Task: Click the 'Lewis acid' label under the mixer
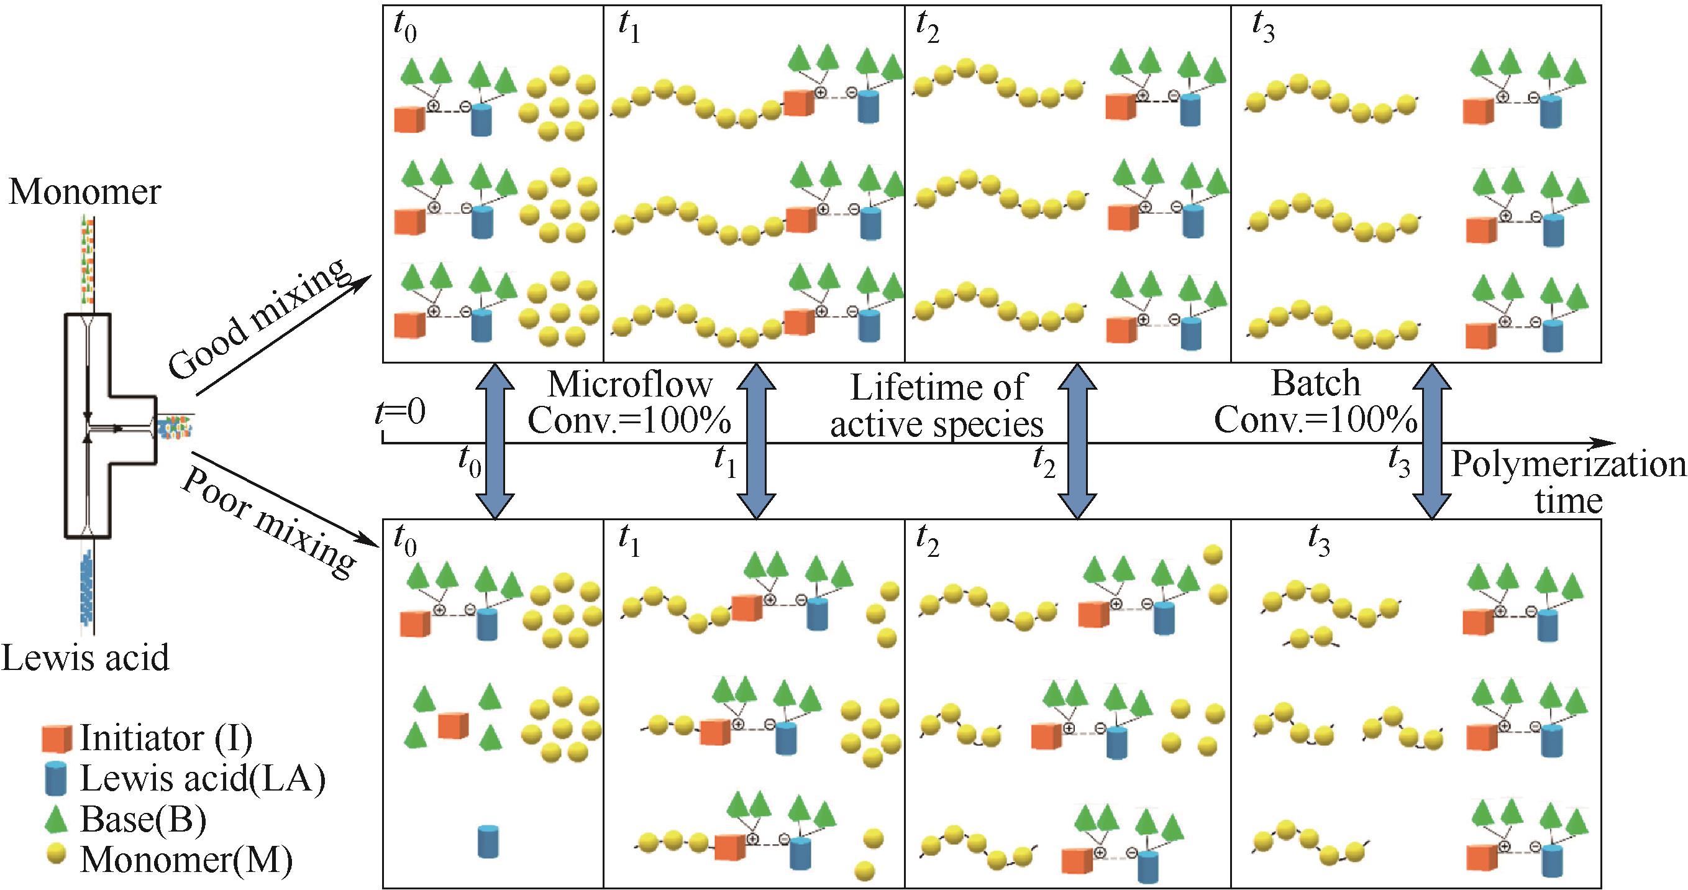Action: tap(85, 658)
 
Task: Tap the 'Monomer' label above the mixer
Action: tap(84, 192)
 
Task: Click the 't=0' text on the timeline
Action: tap(400, 412)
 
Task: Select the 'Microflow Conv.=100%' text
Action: tap(629, 403)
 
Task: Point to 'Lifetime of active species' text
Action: tap(937, 406)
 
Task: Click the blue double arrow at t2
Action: tap(1077, 443)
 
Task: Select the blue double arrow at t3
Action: tap(1432, 443)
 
